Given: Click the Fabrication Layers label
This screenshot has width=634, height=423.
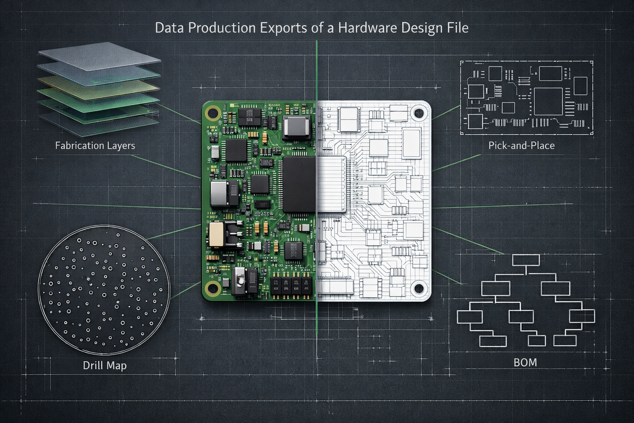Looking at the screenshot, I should pyautogui.click(x=95, y=145).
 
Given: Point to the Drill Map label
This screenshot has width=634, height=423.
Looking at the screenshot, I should pyautogui.click(x=105, y=365).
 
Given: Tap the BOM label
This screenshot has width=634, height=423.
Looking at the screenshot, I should pyautogui.click(x=525, y=363).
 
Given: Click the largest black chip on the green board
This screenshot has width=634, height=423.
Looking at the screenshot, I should pyautogui.click(x=299, y=183).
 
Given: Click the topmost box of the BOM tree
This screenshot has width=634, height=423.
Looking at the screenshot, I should pyautogui.click(x=526, y=260).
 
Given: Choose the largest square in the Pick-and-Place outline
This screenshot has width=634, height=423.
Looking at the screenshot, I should pyautogui.click(x=548, y=101).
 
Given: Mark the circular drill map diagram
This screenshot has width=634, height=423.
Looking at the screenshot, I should pyautogui.click(x=104, y=288).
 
